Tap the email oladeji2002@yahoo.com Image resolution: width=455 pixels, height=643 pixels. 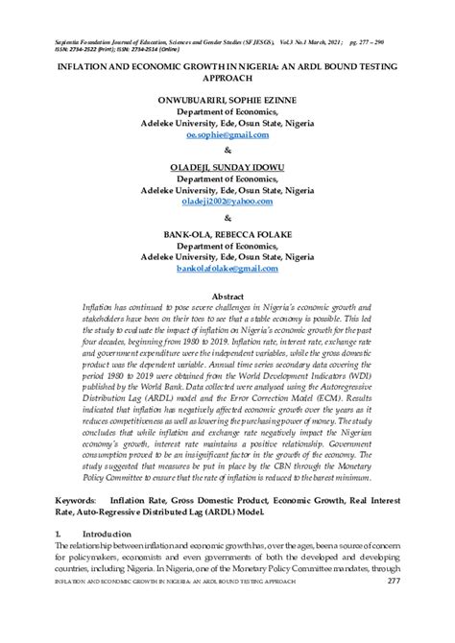tap(227, 202)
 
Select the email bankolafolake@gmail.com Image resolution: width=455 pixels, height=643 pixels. tap(227, 270)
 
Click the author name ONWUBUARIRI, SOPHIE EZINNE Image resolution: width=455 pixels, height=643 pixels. tap(227, 99)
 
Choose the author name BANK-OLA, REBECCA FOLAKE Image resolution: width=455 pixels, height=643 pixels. tap(227, 234)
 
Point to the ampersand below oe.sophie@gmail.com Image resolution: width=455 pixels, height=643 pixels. tap(227, 151)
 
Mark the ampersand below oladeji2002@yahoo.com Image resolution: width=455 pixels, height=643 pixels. tap(227, 219)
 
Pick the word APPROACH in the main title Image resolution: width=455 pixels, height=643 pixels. tap(227, 81)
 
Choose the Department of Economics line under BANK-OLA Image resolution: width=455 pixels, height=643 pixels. tap(227, 246)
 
